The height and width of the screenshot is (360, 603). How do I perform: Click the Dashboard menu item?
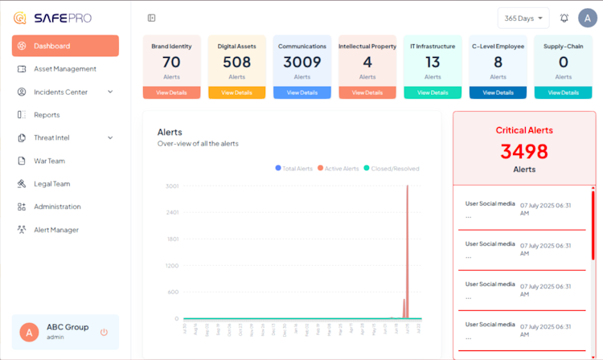tap(65, 46)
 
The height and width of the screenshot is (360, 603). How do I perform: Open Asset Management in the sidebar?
tap(65, 69)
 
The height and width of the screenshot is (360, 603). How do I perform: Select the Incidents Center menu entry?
tap(61, 92)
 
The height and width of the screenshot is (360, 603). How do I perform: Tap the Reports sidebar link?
tap(47, 115)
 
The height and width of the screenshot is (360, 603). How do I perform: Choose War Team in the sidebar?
tap(49, 161)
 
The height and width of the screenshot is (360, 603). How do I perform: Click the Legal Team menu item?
tap(51, 184)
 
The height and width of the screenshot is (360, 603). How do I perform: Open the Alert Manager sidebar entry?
tap(56, 230)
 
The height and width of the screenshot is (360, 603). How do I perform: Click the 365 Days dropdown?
tap(523, 18)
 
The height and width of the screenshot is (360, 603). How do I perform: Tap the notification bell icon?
tap(564, 18)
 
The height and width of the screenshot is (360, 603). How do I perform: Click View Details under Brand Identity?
tap(171, 92)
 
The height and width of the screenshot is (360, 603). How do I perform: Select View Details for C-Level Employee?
tap(498, 92)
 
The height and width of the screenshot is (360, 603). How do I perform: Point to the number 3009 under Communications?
tap(301, 62)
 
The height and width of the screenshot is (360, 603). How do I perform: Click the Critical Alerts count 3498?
tap(524, 151)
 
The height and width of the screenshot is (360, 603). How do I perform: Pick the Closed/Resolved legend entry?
tap(392, 169)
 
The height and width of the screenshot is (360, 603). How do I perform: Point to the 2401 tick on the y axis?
tap(172, 213)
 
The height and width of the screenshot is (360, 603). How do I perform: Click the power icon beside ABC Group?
tap(104, 332)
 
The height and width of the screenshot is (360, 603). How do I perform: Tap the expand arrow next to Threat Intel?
tap(110, 138)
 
